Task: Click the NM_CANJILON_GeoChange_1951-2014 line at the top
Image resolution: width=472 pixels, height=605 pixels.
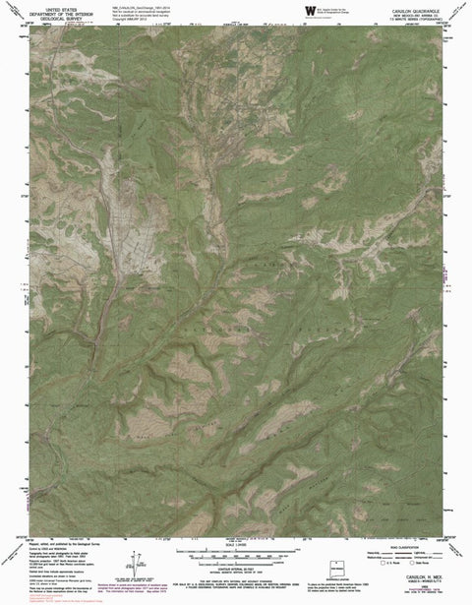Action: (194, 5)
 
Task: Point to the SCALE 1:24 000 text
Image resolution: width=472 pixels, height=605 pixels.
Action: (235, 556)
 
